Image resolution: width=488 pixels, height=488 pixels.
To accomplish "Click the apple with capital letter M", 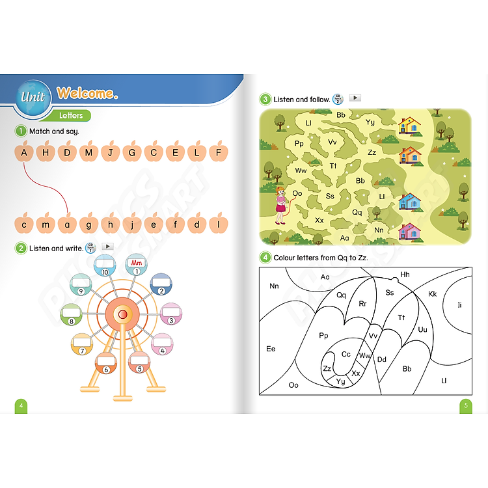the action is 88,152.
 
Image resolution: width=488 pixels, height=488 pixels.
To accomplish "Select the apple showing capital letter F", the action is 219,152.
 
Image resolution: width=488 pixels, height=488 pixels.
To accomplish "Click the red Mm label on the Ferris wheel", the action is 137,263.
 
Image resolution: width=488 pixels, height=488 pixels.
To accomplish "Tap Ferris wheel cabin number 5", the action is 139,362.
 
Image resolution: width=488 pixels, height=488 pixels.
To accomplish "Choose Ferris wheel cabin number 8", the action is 72,314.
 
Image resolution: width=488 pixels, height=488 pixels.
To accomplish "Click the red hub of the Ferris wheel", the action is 122,314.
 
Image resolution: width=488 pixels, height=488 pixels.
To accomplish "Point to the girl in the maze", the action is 280,205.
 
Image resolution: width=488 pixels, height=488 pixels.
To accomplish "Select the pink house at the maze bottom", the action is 409,232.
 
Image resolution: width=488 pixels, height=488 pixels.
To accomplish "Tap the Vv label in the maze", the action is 332,142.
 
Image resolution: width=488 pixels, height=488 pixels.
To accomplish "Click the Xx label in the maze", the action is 319,221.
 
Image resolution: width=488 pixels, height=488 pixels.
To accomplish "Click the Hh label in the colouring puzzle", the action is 405,275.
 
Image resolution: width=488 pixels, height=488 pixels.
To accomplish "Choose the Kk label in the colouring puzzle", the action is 432,294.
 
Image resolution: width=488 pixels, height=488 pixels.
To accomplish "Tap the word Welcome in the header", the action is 87,93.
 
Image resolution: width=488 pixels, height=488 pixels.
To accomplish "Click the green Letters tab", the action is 71,115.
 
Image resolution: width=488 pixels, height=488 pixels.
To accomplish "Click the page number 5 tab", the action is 466,406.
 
